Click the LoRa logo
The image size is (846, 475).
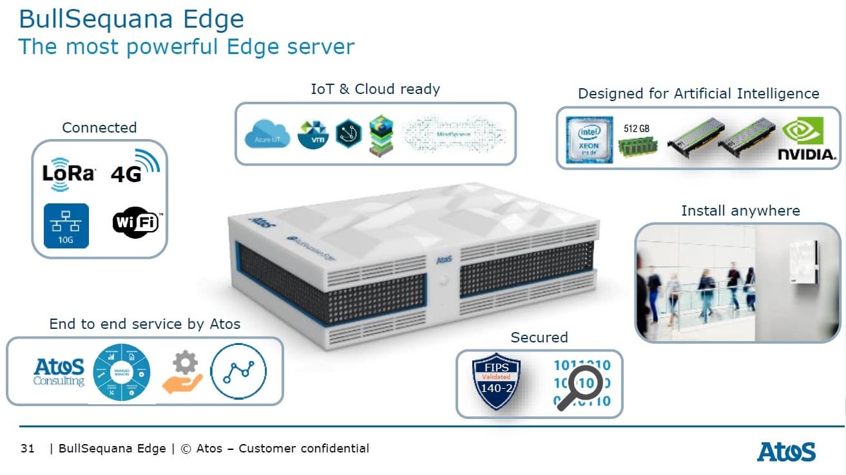coord(68,172)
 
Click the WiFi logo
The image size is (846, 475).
coord(136,223)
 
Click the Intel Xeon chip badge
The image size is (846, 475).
coord(589,140)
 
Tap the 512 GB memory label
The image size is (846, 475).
coord(637,129)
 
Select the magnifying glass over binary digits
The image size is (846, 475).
coord(579,388)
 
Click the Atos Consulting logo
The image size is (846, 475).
coord(59,372)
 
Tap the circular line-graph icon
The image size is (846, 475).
coord(238,371)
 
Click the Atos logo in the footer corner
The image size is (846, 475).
coord(786,451)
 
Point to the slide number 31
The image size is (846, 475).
coord(27,449)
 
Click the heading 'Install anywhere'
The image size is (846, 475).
coord(740,210)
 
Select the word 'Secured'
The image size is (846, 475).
coord(539,337)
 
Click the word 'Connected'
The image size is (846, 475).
coord(99,127)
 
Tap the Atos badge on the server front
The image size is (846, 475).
coord(444,261)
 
